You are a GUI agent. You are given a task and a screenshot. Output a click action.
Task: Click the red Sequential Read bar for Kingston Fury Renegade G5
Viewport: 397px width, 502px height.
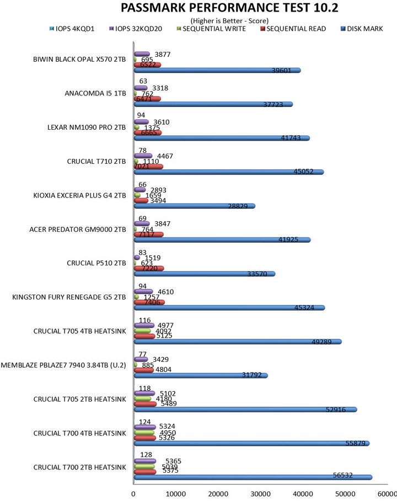[x=149, y=302]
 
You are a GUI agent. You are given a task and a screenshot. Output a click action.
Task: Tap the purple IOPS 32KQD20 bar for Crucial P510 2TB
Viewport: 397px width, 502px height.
[x=137, y=258]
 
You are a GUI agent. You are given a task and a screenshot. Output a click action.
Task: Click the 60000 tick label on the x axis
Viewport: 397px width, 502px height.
[x=387, y=494]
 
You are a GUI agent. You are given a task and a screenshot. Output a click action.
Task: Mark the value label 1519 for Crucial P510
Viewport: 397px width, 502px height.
[x=153, y=258]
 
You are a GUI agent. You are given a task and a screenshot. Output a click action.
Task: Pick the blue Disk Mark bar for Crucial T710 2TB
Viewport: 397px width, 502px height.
[x=228, y=172]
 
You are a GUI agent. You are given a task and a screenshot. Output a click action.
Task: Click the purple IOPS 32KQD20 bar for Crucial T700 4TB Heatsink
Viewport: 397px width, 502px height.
[x=144, y=427]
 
